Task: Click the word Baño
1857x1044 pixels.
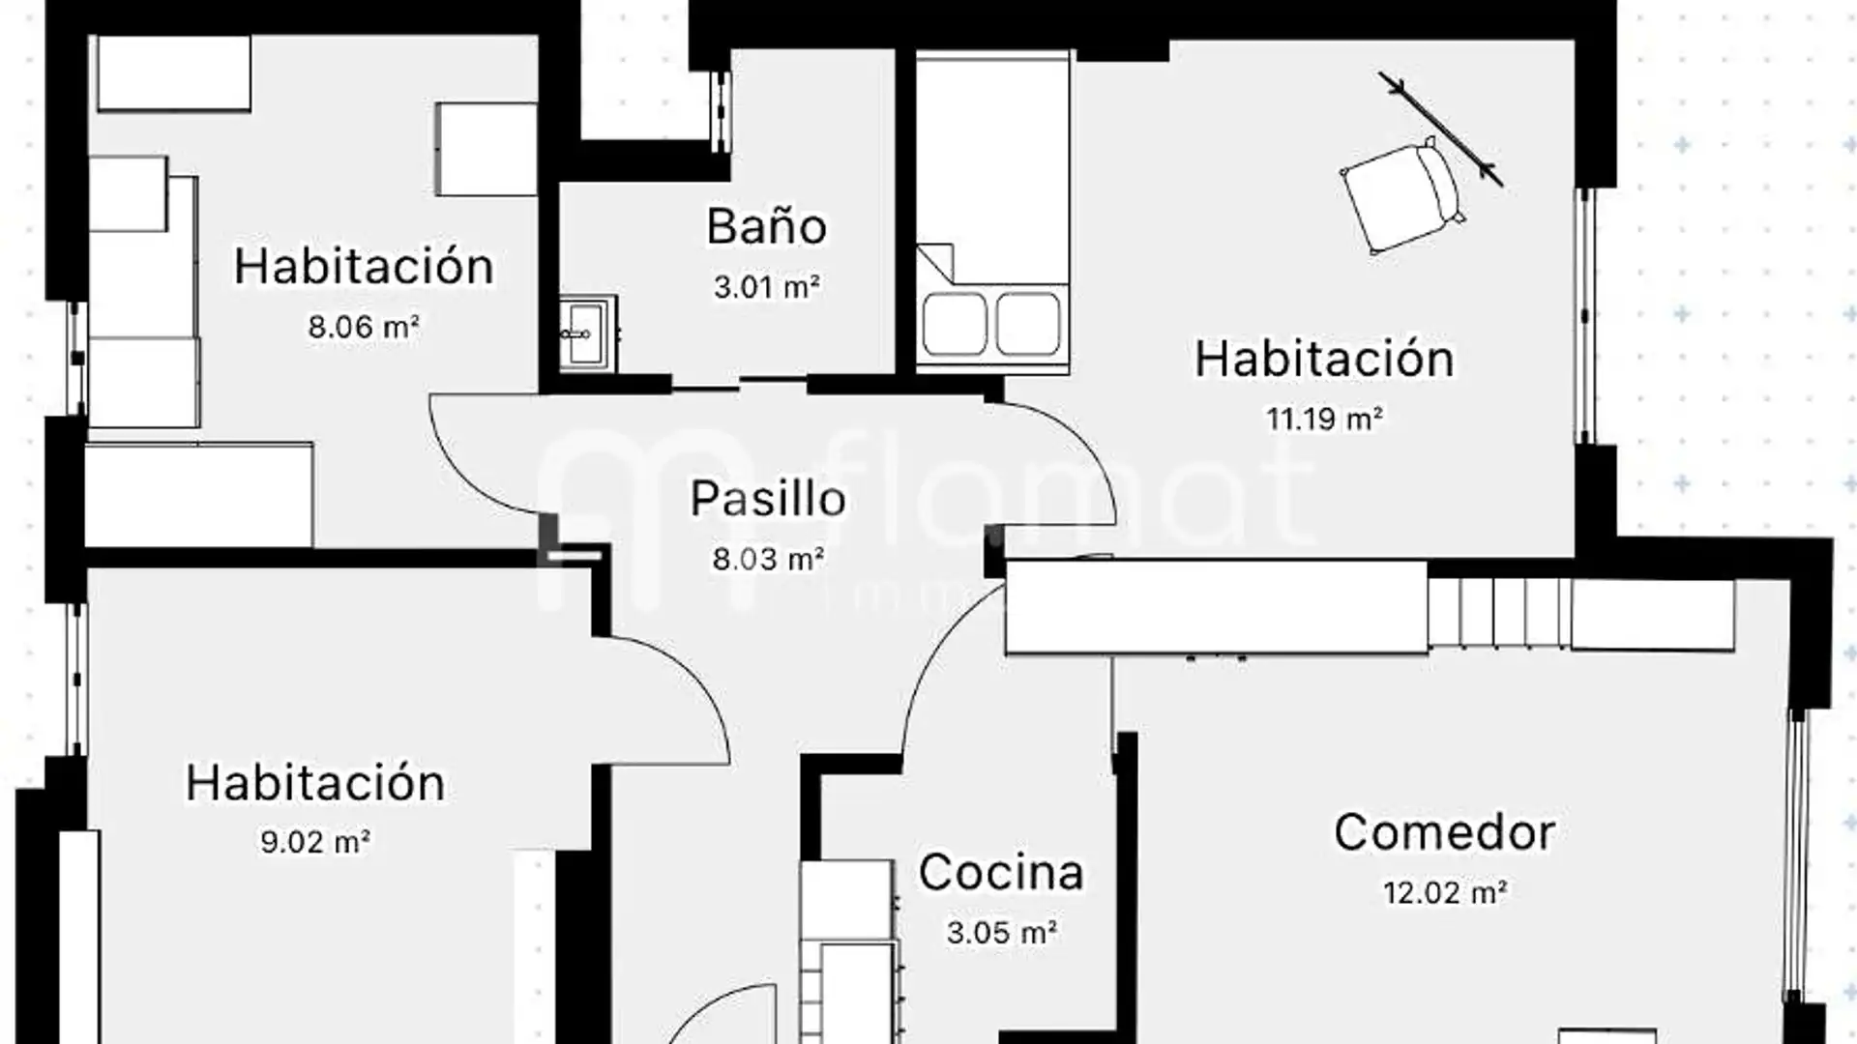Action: (x=766, y=227)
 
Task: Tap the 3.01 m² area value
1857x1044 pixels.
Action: (x=767, y=287)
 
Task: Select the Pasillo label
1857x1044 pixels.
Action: (x=768, y=499)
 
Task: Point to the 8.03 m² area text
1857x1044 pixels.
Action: (x=768, y=559)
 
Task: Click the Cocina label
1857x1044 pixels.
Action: (x=1001, y=873)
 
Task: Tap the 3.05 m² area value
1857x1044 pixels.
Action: (x=1001, y=933)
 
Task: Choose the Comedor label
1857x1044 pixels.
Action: (x=1444, y=832)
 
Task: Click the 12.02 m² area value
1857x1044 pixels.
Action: (x=1445, y=892)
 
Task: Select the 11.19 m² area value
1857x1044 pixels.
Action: (x=1324, y=419)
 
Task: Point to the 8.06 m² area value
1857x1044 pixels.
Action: (x=364, y=327)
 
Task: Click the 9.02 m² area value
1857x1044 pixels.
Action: (x=315, y=842)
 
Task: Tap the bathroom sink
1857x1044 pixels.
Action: (x=585, y=333)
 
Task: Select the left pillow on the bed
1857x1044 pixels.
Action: (x=955, y=324)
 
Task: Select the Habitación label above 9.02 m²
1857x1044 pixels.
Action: (x=315, y=783)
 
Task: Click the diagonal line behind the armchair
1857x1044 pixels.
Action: (x=1441, y=129)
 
